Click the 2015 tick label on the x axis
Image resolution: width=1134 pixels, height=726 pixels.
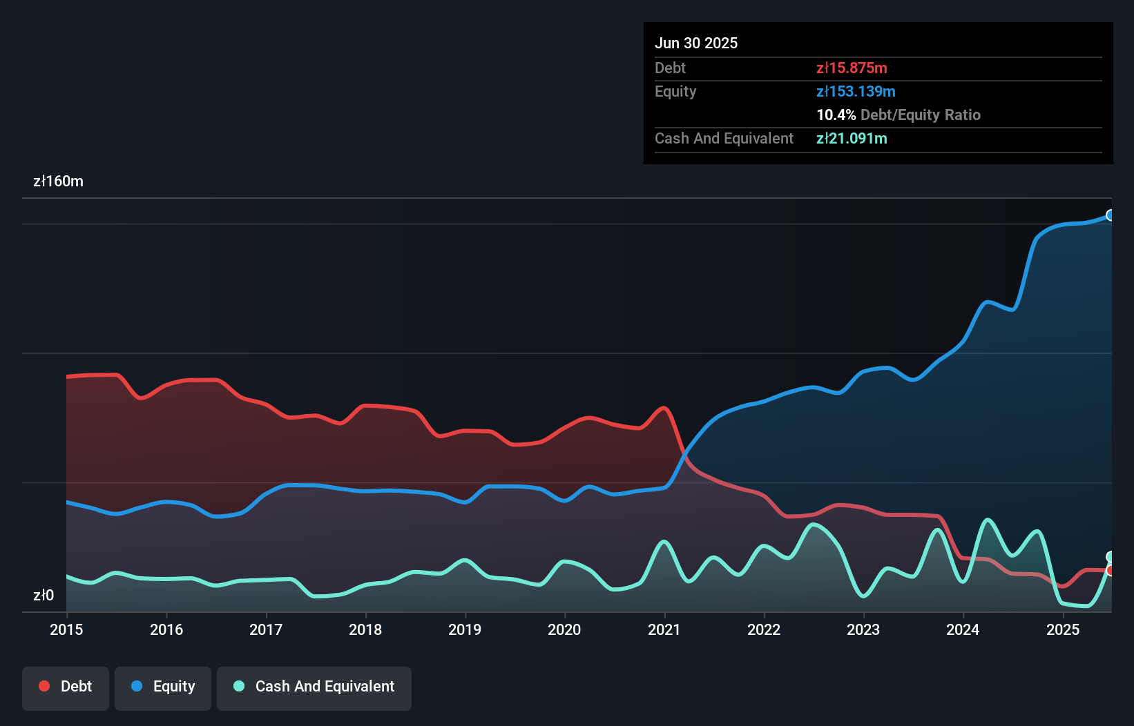click(x=66, y=629)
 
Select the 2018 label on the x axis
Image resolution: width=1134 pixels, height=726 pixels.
click(x=365, y=629)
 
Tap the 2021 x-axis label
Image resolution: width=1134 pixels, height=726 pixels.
click(x=664, y=629)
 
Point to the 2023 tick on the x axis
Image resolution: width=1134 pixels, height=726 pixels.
click(x=863, y=629)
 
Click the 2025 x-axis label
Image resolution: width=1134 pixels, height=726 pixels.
click(x=1062, y=629)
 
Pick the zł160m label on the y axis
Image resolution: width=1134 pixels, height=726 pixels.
click(x=58, y=181)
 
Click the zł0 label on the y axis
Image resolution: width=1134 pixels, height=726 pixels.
click(x=44, y=595)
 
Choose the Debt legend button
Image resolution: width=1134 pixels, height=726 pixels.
click(x=66, y=687)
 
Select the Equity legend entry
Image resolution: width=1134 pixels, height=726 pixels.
click(x=163, y=687)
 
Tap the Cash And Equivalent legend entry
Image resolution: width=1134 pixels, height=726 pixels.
click(x=314, y=687)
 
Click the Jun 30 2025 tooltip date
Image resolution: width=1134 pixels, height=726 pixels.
click(x=696, y=43)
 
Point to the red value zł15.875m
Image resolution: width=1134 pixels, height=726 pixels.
click(x=852, y=68)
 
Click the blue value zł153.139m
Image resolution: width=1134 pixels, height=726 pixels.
click(x=856, y=91)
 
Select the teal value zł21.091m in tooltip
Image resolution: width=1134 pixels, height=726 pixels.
click(x=852, y=138)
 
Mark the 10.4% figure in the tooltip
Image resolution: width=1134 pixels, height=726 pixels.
click(x=836, y=115)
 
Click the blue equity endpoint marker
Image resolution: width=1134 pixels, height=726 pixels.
click(x=1111, y=215)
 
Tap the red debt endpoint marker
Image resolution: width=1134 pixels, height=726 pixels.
click(x=1111, y=571)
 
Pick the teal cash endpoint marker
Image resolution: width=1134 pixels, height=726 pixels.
click(x=1111, y=557)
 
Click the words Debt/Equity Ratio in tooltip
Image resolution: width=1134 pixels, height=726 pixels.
click(x=920, y=115)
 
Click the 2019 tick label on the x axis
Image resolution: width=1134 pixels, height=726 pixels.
click(x=465, y=629)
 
